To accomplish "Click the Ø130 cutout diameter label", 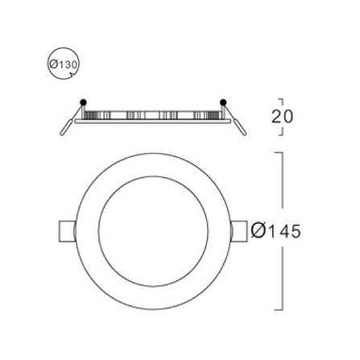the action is point(64,64).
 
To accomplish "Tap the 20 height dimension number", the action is point(282,117).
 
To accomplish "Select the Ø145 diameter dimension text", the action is point(276,230).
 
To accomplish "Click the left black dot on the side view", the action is point(83,102).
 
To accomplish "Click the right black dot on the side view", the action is point(223,102).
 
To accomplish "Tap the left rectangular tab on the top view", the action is point(67,231).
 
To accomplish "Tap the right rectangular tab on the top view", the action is point(238,231).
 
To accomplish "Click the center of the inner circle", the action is point(153,231).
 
